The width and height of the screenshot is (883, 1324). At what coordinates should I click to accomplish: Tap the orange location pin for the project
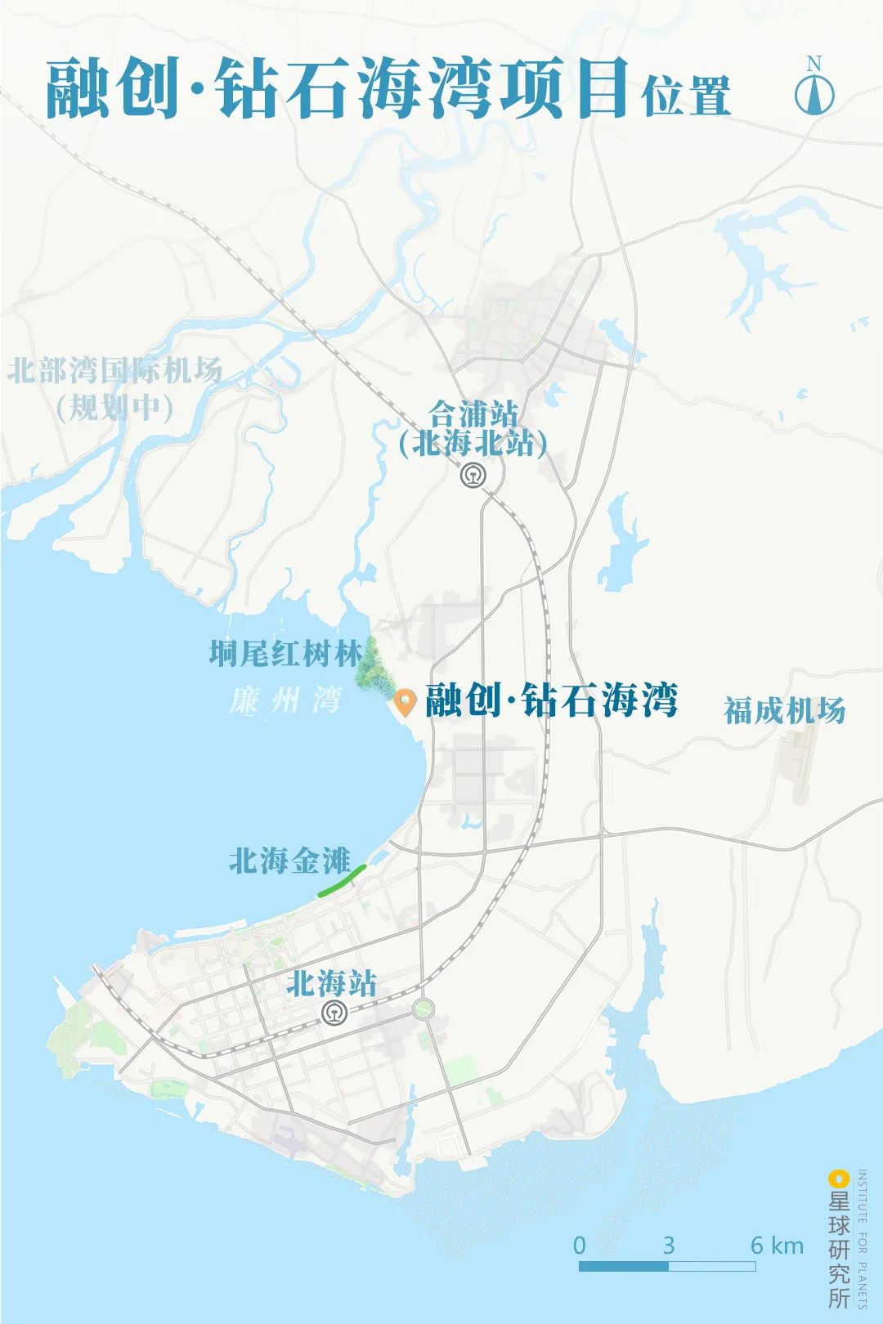[x=405, y=701]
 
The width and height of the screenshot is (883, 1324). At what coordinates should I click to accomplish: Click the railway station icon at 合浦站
[x=472, y=476]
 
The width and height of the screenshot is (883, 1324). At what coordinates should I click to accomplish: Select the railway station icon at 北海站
[x=334, y=1013]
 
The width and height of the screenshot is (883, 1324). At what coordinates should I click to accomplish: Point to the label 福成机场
[x=784, y=710]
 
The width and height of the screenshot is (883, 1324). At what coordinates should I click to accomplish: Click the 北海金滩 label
[x=289, y=861]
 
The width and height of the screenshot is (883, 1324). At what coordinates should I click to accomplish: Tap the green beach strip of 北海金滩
[x=342, y=881]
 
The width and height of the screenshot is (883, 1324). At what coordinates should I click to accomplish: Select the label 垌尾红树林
[x=285, y=653]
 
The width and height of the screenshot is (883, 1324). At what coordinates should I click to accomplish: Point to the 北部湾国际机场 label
[x=114, y=370]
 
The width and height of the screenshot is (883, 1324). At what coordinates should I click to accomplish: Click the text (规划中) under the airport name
[x=114, y=406]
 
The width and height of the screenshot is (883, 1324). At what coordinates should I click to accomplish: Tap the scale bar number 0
[x=579, y=1246]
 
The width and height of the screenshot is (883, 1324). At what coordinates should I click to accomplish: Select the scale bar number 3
[x=668, y=1246]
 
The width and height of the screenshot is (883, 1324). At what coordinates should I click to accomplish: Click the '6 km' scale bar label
[x=777, y=1246]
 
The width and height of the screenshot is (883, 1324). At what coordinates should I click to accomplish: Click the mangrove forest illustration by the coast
[x=373, y=664]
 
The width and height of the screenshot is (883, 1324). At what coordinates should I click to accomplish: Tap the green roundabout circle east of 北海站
[x=423, y=1009]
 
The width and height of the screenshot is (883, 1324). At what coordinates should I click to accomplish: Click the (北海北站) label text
[x=473, y=444]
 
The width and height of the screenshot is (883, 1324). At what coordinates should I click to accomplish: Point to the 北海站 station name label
[x=331, y=983]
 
